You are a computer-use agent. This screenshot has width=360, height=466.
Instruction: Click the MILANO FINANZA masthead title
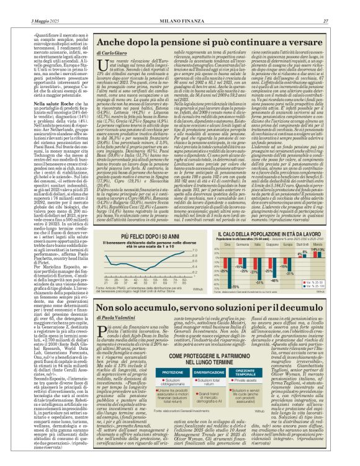point(179,5)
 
